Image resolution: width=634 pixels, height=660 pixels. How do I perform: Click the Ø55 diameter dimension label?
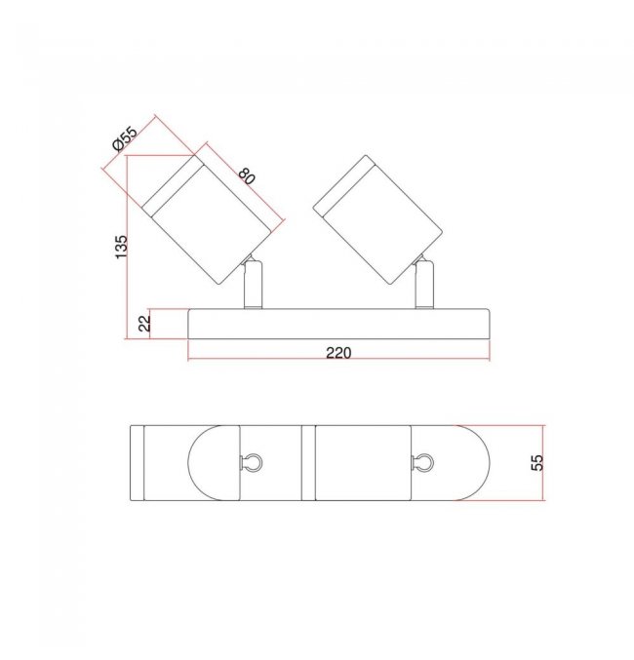pos(125,138)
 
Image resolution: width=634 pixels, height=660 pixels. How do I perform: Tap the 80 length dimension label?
pos(247,175)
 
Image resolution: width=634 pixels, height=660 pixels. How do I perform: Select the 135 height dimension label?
pos(121,247)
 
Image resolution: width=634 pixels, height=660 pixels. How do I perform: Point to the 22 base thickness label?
pos(144,324)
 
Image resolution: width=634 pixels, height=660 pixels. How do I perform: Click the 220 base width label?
pos(338,353)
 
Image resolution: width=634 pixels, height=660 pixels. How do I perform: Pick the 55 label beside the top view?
pos(537,463)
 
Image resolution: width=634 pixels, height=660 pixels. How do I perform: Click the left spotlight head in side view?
pos(207,219)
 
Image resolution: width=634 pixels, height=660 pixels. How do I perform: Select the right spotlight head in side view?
pos(377,219)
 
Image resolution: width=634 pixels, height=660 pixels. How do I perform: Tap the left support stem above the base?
pos(254,285)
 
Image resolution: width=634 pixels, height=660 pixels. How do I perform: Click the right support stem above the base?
pos(424,285)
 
